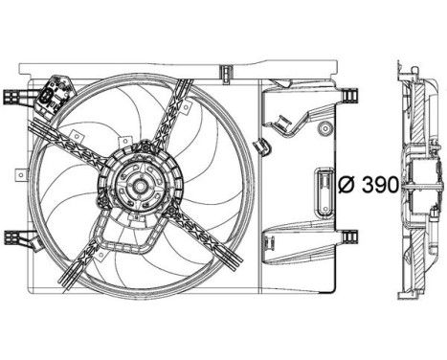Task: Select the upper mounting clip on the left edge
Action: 12,97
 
